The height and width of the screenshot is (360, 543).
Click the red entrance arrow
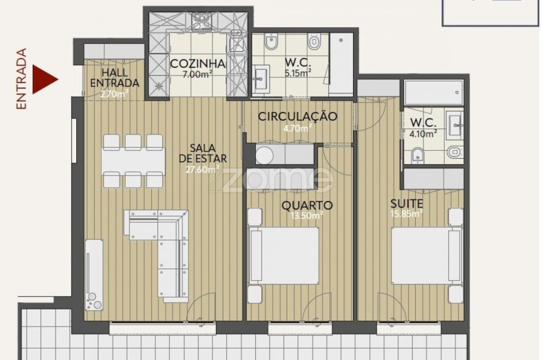pyautogui.click(x=43, y=80)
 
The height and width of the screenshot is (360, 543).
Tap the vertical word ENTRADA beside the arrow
pyautogui.click(x=21, y=79)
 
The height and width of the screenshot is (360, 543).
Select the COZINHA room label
pyautogui.click(x=198, y=64)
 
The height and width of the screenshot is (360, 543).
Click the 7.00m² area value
pyautogui.click(x=198, y=74)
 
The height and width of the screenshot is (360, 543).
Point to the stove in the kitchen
pyautogui.click(x=202, y=21)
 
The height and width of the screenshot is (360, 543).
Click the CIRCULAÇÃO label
pyautogui.click(x=297, y=116)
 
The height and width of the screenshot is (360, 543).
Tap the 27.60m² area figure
pyautogui.click(x=203, y=169)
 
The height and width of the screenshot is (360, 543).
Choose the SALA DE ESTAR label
pyautogui.click(x=203, y=153)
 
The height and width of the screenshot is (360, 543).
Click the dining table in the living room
pyautogui.click(x=133, y=162)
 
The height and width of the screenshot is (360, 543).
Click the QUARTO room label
pyautogui.click(x=307, y=206)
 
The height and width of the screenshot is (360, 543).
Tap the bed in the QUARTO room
pyautogui.click(x=284, y=256)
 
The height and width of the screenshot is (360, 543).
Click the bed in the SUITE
pyautogui.click(x=427, y=256)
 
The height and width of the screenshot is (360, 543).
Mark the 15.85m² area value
pyautogui.click(x=407, y=213)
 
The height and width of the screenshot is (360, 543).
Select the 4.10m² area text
pyautogui.click(x=423, y=133)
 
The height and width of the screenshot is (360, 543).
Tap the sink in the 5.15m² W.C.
pyautogui.click(x=260, y=79)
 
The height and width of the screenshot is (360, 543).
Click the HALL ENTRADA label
pyautogui.click(x=115, y=78)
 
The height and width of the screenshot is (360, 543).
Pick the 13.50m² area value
pyautogui.click(x=307, y=216)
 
